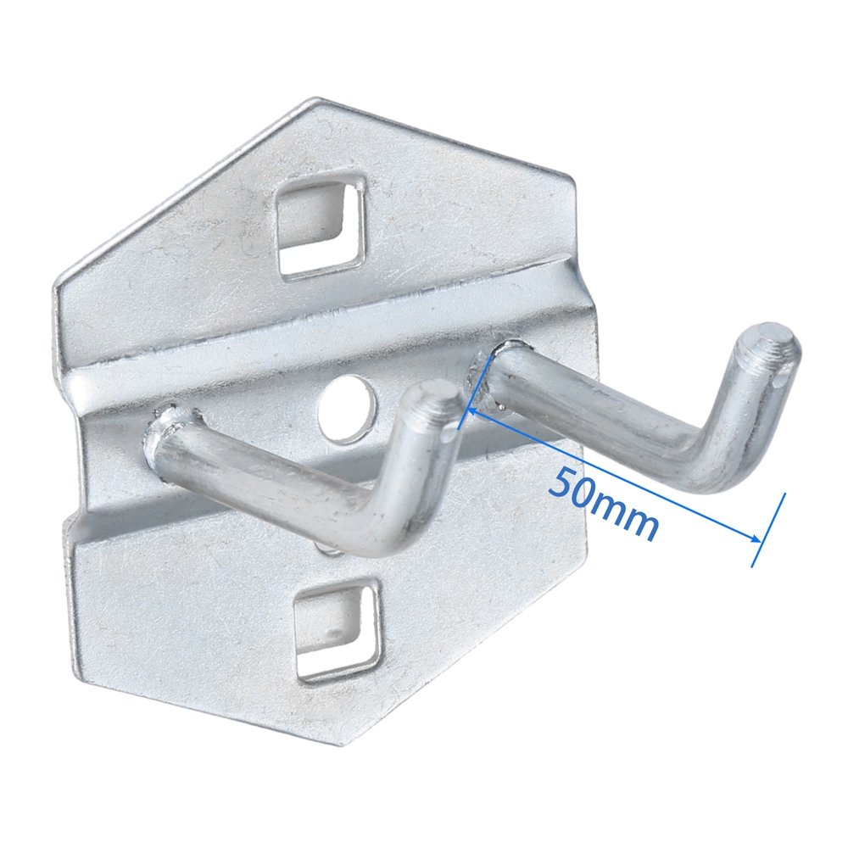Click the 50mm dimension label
604,505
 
